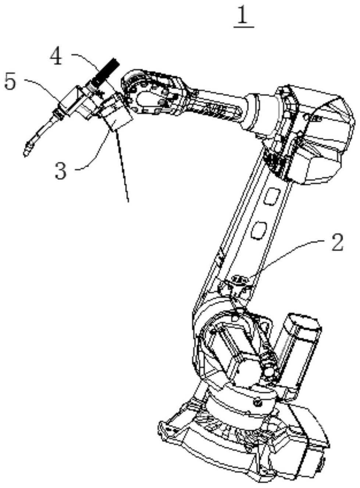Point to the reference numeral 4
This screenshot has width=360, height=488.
(x=56, y=57)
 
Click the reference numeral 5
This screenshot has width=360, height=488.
(x=10, y=81)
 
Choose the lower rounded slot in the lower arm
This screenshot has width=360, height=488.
(x=259, y=230)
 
